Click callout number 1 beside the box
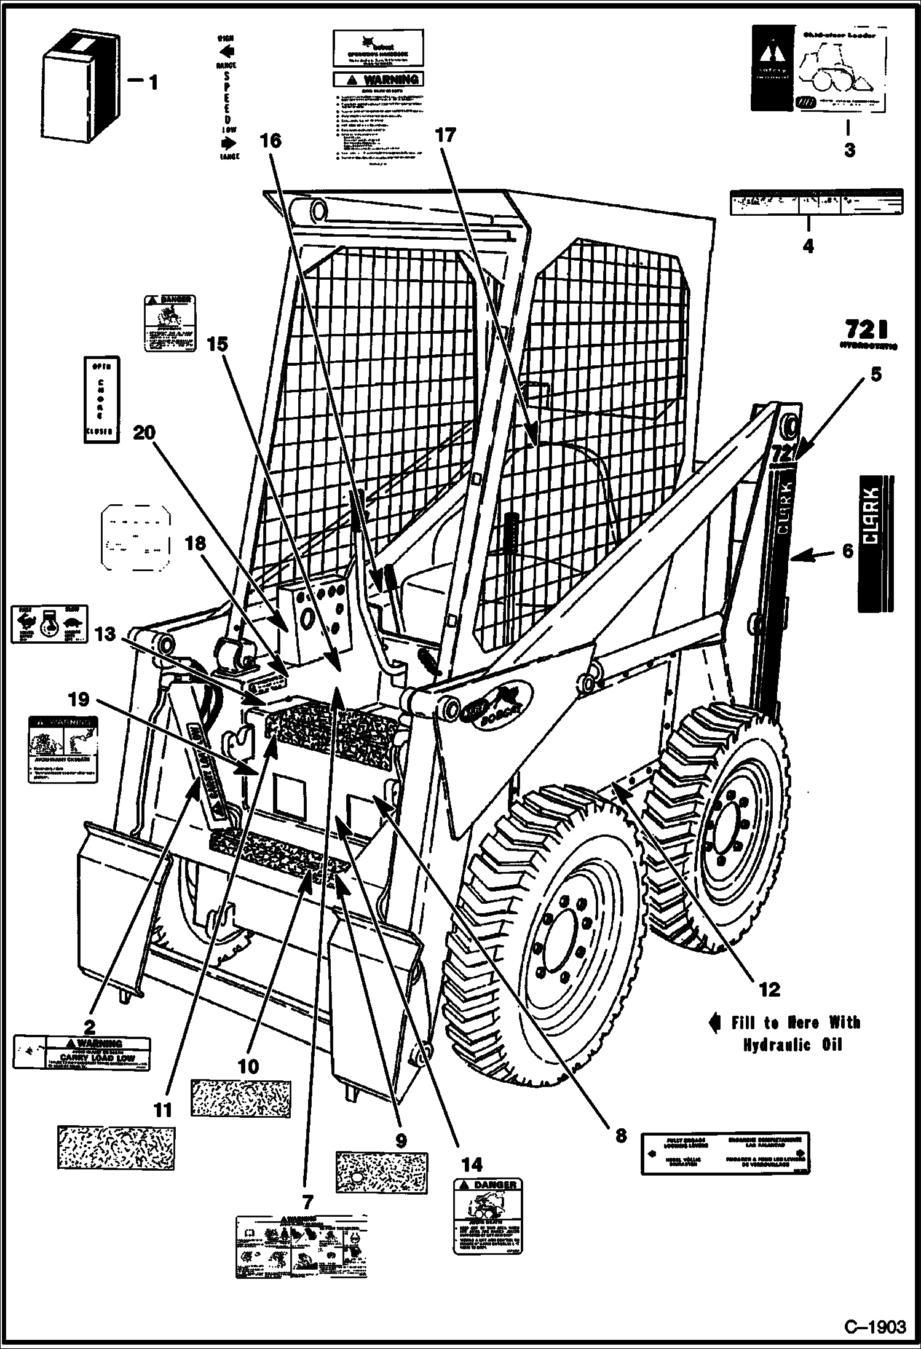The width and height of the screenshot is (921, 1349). tap(152, 82)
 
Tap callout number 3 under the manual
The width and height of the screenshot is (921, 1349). tap(849, 150)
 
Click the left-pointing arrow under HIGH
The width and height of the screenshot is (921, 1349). tap(227, 50)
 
